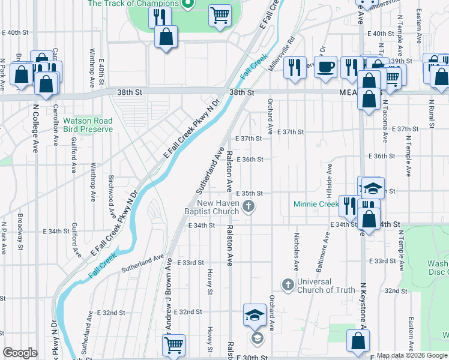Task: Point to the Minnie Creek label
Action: tap(316, 204)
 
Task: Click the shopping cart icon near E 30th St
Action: tap(173, 345)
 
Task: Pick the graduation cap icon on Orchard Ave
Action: tap(255, 314)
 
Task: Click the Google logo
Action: tap(20, 353)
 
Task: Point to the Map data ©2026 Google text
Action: tap(412, 355)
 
